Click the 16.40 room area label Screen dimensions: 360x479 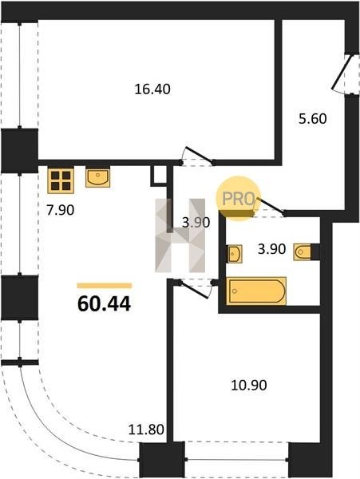coord(152,89)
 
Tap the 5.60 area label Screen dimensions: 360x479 coord(313,118)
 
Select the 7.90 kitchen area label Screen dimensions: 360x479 coord(61,210)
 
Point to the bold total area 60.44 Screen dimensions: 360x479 coord(104,304)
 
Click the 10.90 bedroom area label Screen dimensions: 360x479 coord(249,386)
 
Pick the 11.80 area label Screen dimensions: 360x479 coord(146,430)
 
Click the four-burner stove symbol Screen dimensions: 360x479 coord(61,180)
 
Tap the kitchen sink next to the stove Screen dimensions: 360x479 coord(97,178)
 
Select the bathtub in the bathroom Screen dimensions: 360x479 coord(256,291)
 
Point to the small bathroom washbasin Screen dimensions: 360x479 coord(235,254)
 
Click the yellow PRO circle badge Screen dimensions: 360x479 coord(238,198)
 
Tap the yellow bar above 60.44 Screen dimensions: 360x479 coord(105,286)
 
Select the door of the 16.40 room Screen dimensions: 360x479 coord(197,156)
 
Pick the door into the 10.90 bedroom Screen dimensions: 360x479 coord(196,288)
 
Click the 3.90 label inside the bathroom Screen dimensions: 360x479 coord(271,249)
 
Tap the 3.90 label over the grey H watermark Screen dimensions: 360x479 coord(196,223)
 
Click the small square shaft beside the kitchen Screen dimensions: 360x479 coord(159,176)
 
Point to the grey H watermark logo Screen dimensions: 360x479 coord(180,236)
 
